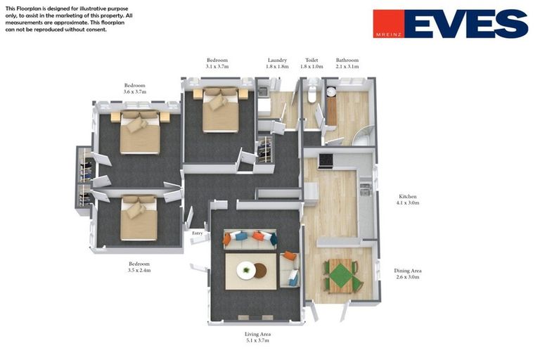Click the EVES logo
click(x=450, y=23)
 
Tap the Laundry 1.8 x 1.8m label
click(x=277, y=63)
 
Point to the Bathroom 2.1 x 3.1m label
click(x=347, y=63)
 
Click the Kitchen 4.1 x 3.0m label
click(x=409, y=200)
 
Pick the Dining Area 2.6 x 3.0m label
click(x=407, y=274)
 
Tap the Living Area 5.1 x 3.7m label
click(x=257, y=337)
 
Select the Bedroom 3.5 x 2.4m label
click(x=139, y=266)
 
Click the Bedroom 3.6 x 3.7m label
click(x=134, y=89)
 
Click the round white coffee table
click(x=247, y=270)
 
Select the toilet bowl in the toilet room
click(x=312, y=95)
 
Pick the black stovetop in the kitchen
click(x=326, y=160)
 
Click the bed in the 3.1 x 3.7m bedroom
click(x=220, y=110)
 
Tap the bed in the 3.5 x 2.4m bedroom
click(x=139, y=219)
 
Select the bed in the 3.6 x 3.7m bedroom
click(x=140, y=131)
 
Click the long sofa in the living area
click(x=250, y=239)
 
